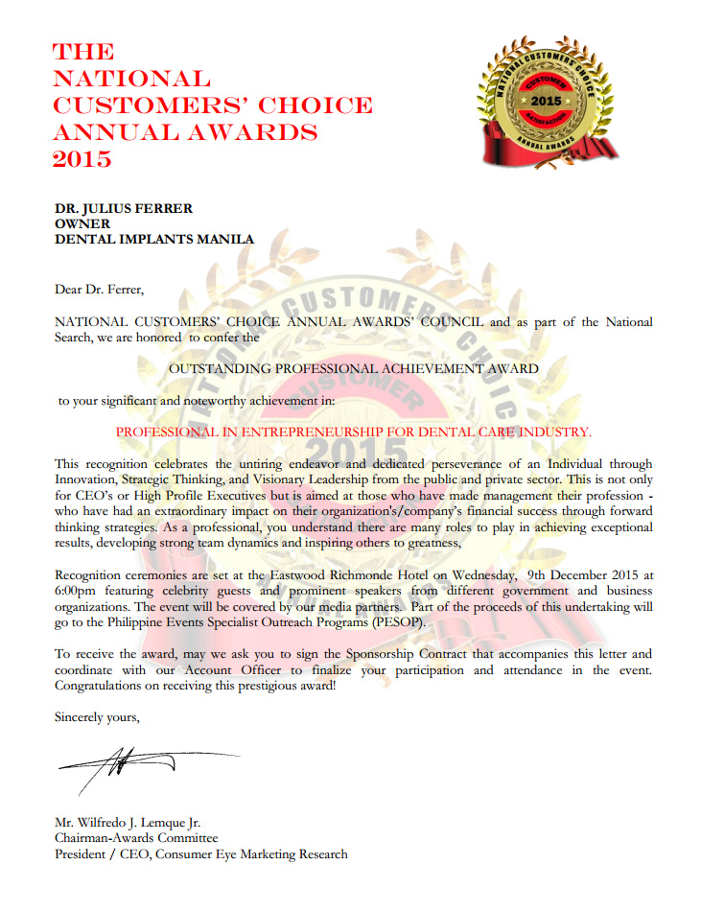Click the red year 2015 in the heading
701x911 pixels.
82,158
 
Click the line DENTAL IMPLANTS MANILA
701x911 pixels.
154,239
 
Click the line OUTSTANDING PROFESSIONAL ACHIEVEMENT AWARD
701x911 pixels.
354,367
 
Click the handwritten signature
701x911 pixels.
115,763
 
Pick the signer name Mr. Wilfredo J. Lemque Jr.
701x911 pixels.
128,822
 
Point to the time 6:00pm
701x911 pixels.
76,591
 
